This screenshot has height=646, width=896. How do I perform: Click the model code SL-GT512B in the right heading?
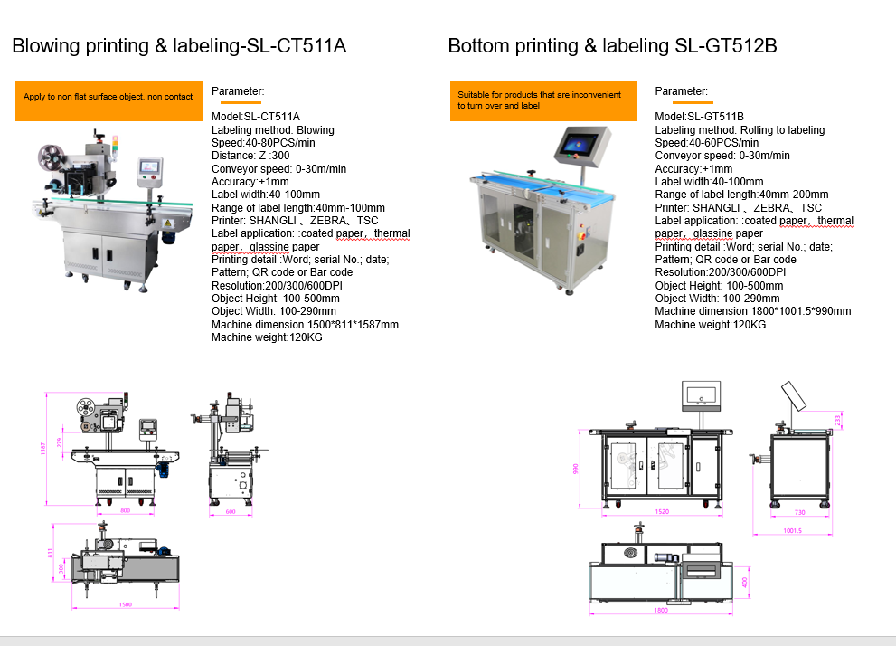click(726, 46)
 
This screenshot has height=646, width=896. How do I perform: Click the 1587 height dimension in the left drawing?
click(42, 449)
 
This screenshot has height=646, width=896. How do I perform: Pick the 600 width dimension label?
click(230, 512)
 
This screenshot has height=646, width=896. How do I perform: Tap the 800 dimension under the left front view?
click(126, 511)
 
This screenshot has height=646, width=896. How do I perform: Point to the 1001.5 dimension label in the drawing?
click(792, 531)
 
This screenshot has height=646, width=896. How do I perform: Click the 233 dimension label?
click(838, 420)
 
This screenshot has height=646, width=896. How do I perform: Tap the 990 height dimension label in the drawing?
click(575, 469)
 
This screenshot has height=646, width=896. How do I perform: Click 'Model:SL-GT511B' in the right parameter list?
click(699, 117)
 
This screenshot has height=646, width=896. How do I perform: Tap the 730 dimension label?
click(799, 512)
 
